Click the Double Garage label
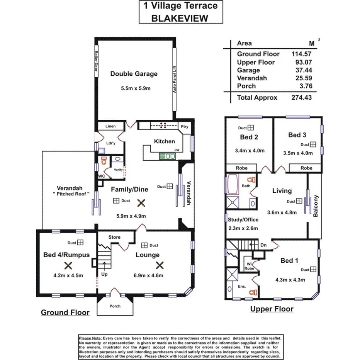click(x=134, y=74)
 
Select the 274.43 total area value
click(x=301, y=98)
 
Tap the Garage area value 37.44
click(x=302, y=70)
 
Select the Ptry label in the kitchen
click(x=184, y=126)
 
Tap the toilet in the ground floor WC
click(x=103, y=160)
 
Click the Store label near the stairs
click(x=114, y=237)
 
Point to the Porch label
click(x=115, y=306)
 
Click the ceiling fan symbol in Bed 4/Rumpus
click(x=68, y=265)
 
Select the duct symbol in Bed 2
click(x=251, y=127)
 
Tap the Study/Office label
click(x=243, y=219)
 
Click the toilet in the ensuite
click(x=253, y=292)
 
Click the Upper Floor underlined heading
click(x=272, y=309)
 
